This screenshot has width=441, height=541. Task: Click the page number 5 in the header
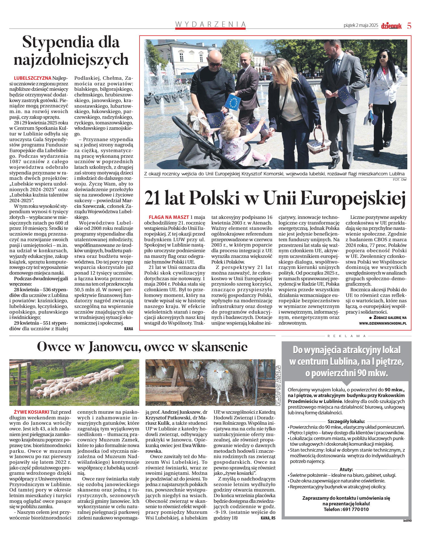tap(409, 26)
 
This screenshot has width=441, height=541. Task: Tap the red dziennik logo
tap(391, 26)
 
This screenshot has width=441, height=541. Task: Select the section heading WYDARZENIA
tap(210, 24)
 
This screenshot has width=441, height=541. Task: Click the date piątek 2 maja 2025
tap(361, 25)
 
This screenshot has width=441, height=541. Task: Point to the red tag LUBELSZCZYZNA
tap(33, 78)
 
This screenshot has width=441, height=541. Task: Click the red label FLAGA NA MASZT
tap(169, 217)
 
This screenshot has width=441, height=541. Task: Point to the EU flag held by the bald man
tap(233, 102)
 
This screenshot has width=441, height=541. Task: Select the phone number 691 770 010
tap(356, 509)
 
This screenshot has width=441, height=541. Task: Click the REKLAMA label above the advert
tap(346, 336)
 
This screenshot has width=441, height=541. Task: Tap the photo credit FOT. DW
tap(400, 180)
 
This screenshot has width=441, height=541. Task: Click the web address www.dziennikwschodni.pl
tap(383, 323)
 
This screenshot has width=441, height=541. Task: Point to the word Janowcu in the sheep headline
tap(114, 347)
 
